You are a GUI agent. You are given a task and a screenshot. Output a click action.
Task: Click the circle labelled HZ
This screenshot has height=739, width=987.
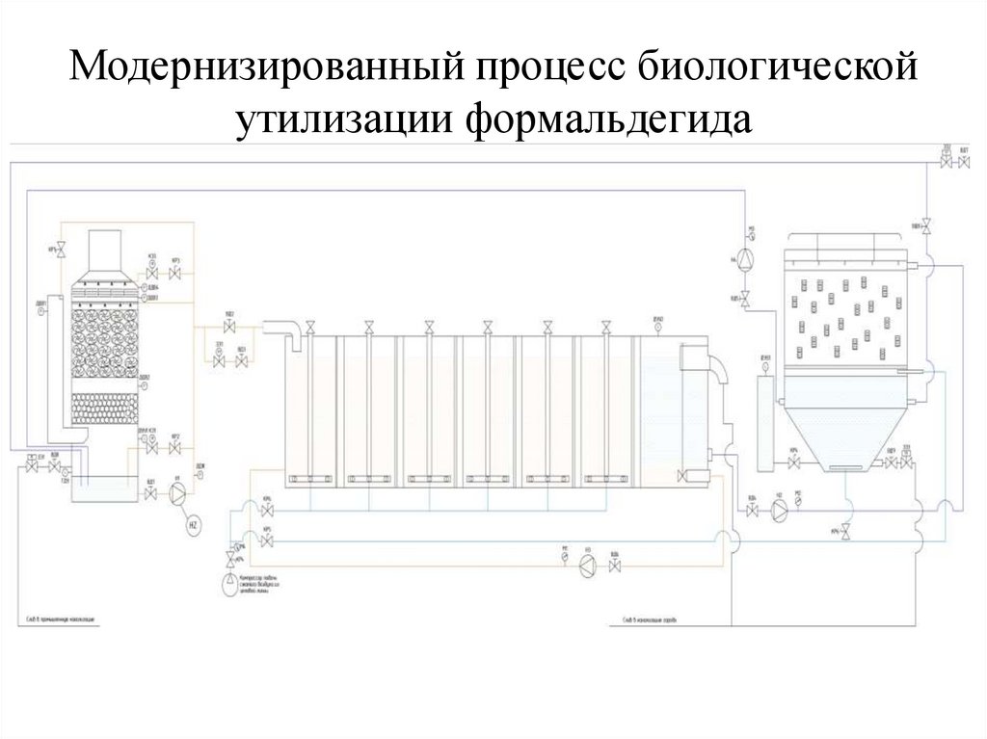pos(192,525)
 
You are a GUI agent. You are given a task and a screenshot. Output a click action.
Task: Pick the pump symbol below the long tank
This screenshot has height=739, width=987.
pos(586,567)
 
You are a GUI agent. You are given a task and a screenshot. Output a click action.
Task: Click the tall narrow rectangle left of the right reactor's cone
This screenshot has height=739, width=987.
pos(766,424)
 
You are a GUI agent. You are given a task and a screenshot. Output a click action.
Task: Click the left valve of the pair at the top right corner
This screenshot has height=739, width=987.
pos(947,164)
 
